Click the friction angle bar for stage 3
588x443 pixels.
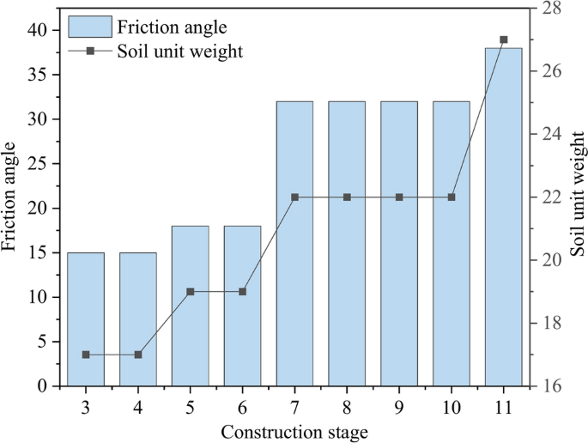(86, 319)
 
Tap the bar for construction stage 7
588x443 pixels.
(294, 244)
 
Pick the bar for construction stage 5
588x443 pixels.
(191, 306)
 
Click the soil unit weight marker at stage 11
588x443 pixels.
(504, 39)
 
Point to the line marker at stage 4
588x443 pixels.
(138, 355)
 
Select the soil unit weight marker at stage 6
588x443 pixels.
(243, 292)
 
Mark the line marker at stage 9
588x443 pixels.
(399, 197)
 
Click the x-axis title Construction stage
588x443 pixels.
(294, 432)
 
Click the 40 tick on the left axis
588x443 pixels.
(39, 30)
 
